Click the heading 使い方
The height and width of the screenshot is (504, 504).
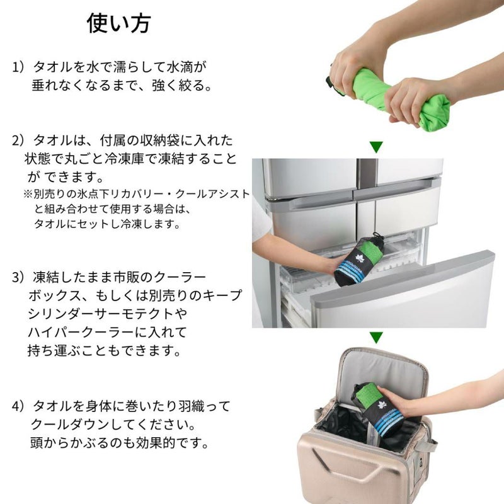pos(118,23)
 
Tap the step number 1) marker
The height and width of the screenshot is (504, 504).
pos(18,67)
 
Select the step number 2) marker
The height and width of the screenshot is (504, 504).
pos(18,140)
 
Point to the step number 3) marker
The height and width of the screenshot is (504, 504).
pos(18,277)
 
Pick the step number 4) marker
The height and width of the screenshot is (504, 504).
pos(18,406)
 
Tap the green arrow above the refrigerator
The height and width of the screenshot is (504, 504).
pos(376,147)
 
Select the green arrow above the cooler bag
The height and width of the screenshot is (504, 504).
pos(376,338)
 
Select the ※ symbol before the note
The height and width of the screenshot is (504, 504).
pos(28,194)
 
